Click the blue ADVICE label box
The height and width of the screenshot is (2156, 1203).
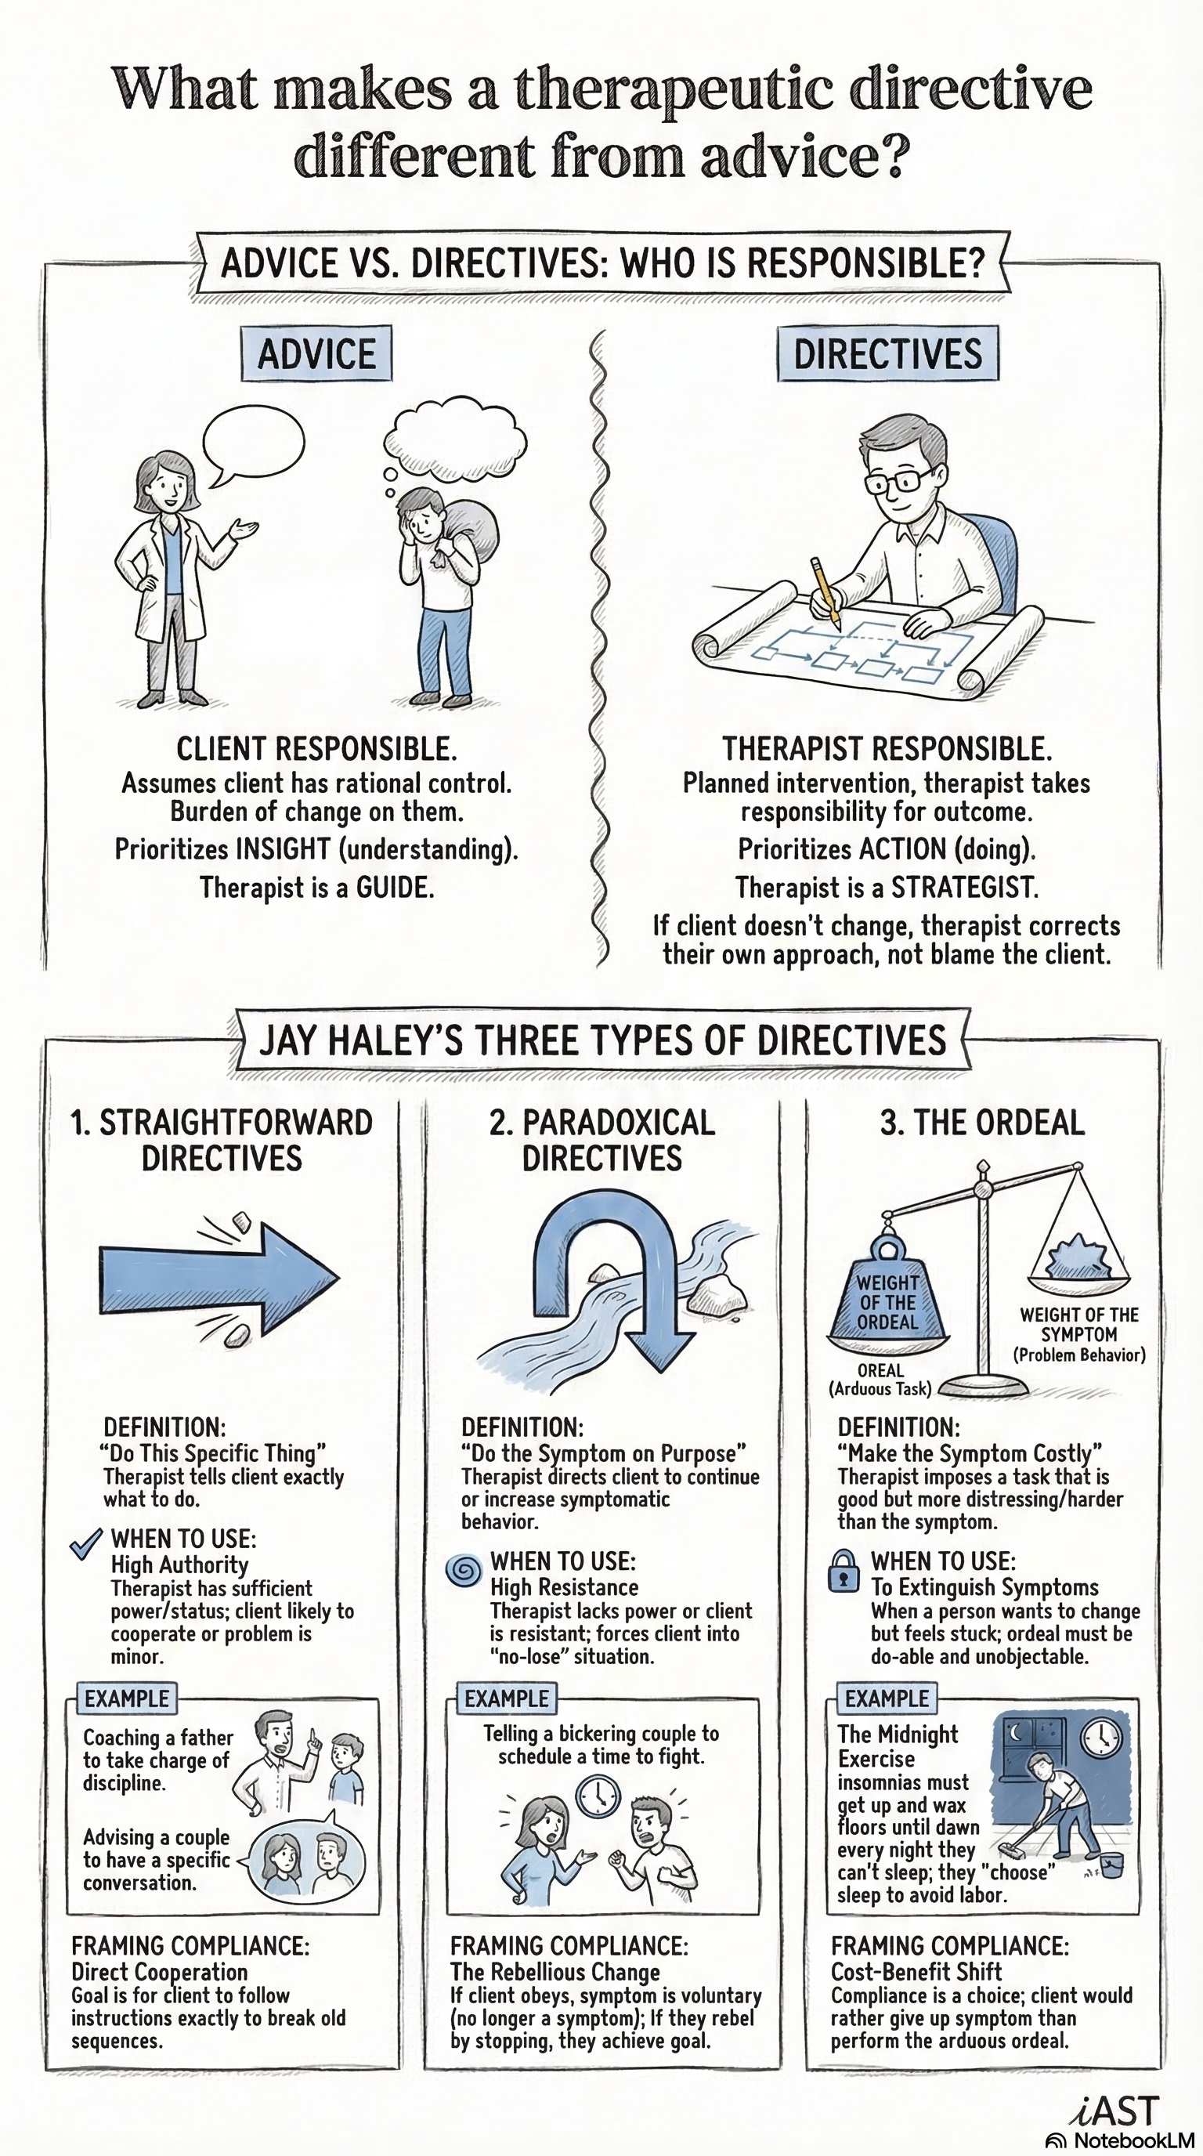316,353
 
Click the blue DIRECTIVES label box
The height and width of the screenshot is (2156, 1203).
887,353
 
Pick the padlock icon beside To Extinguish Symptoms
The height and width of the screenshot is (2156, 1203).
844,1571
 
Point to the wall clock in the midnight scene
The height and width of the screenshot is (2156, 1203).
1101,1739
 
